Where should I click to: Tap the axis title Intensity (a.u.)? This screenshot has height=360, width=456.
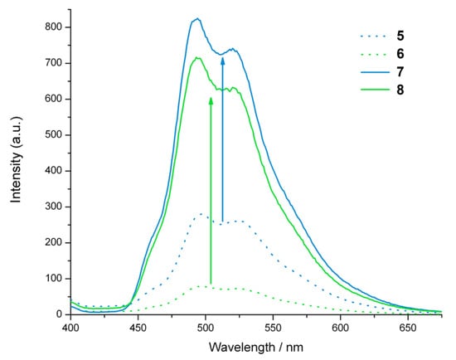pos(13,170)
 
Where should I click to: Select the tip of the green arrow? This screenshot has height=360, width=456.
pos(211,97)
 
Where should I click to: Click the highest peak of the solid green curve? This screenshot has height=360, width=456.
pos(197,57)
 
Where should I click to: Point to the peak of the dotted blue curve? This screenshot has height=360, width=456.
pos(201,214)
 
